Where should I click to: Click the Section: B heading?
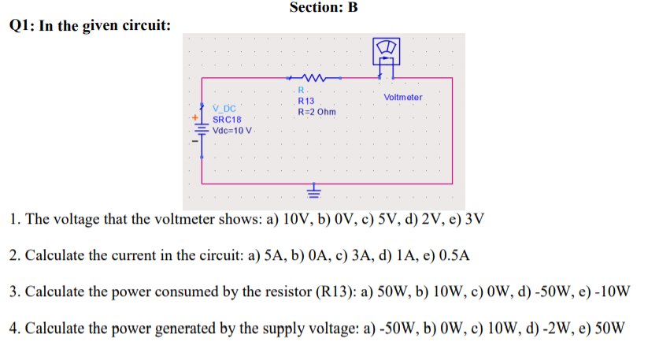pyautogui.click(x=324, y=8)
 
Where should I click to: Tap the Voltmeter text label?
pyautogui.click(x=402, y=97)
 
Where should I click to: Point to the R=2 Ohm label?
pyautogui.click(x=317, y=112)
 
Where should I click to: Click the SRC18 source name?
pyautogui.click(x=227, y=119)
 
